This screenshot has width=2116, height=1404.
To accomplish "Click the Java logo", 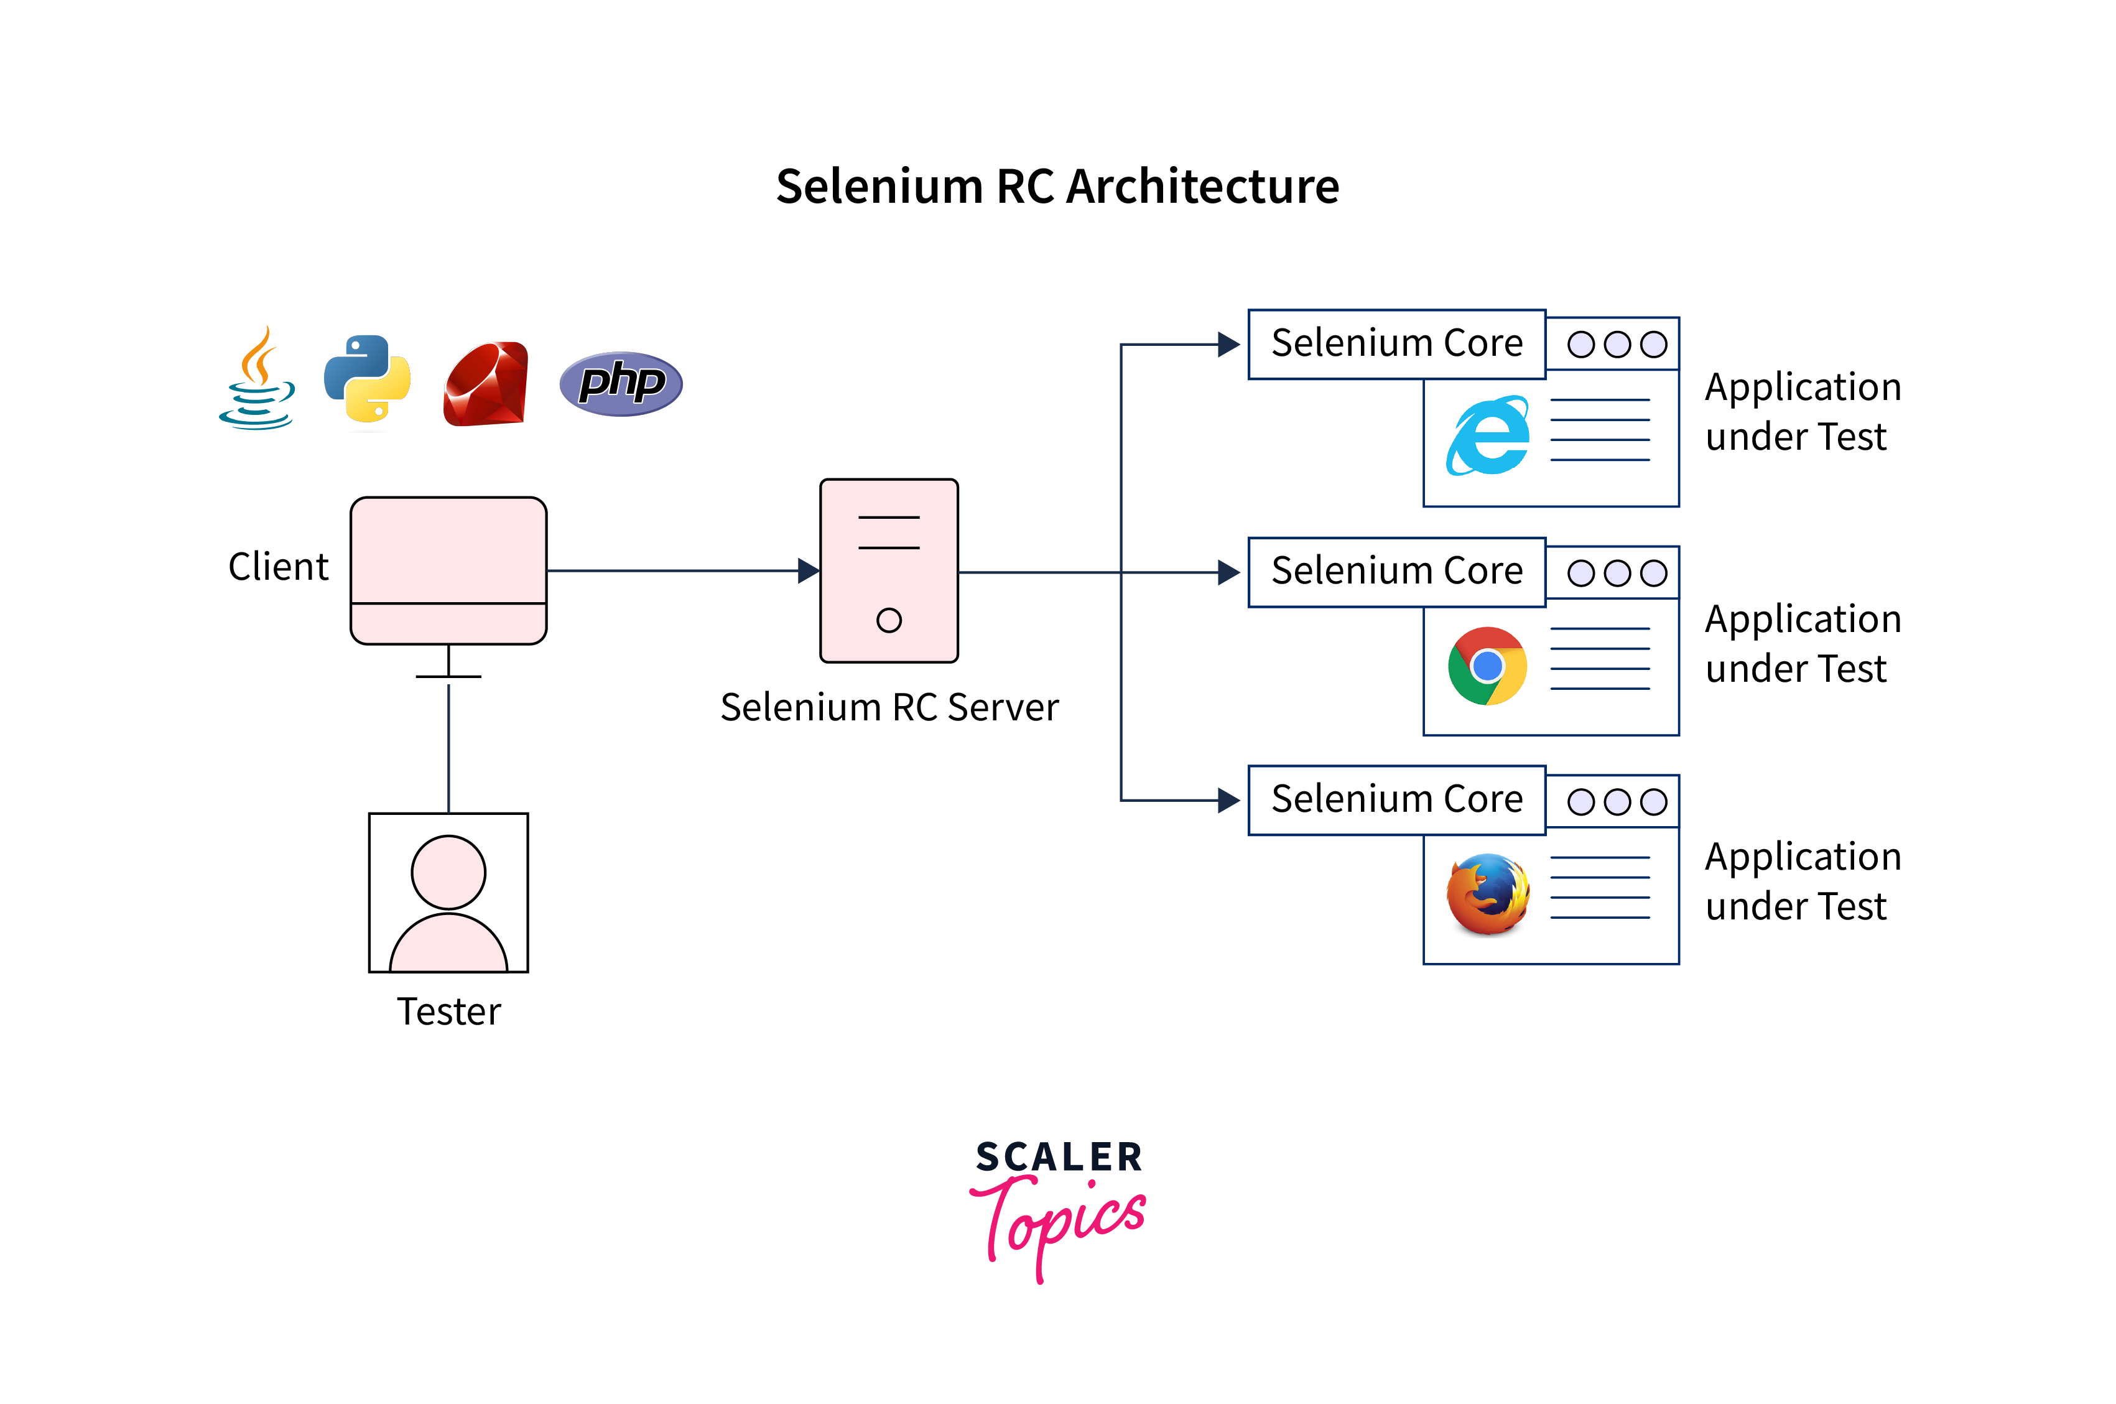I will click(x=257, y=379).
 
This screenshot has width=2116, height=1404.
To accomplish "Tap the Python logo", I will click(x=367, y=379).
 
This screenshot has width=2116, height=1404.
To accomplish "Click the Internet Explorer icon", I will click(x=1488, y=436).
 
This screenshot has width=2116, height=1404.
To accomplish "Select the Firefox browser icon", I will click(x=1488, y=894).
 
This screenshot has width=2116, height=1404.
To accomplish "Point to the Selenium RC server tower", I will click(x=889, y=570).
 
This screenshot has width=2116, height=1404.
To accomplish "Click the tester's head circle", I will click(x=448, y=872).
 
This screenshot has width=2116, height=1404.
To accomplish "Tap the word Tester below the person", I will click(x=448, y=1012).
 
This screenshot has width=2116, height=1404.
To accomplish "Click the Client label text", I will click(x=279, y=567).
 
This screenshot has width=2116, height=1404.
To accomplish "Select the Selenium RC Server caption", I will click(x=889, y=707).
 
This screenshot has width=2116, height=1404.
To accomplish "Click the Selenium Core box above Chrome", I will click(x=1396, y=571).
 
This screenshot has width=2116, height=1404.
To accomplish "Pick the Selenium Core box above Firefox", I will click(x=1396, y=799).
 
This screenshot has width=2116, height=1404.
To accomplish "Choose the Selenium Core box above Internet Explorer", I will click(x=1396, y=344).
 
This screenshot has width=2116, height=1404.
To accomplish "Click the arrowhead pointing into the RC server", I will click(x=808, y=570).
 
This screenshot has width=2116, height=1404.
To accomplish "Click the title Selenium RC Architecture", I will click(x=1057, y=186).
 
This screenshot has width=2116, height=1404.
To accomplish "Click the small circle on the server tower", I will click(x=889, y=620).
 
